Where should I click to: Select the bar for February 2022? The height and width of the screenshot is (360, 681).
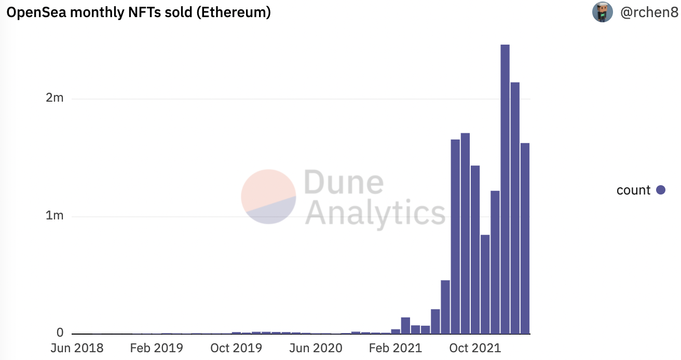point(515,207)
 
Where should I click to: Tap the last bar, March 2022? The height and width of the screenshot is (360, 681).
point(525,238)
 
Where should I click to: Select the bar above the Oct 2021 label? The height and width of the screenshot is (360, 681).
point(475,249)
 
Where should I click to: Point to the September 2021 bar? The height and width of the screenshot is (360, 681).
point(465,233)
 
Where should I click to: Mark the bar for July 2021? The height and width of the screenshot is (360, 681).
point(445,307)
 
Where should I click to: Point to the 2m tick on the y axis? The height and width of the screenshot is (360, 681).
point(55,98)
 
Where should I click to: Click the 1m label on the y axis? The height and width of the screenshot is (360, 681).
point(55,216)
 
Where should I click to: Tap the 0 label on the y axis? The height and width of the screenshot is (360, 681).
point(60,333)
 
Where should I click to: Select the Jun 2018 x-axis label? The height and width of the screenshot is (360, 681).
point(77,348)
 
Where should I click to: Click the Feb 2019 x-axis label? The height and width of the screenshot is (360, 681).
point(157,348)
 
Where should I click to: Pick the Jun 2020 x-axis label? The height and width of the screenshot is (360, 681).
point(316,348)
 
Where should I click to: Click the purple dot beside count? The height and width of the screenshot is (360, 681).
point(661,190)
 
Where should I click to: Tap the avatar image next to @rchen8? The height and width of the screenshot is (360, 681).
point(603,12)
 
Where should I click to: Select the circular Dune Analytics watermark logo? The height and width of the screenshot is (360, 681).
point(268,197)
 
